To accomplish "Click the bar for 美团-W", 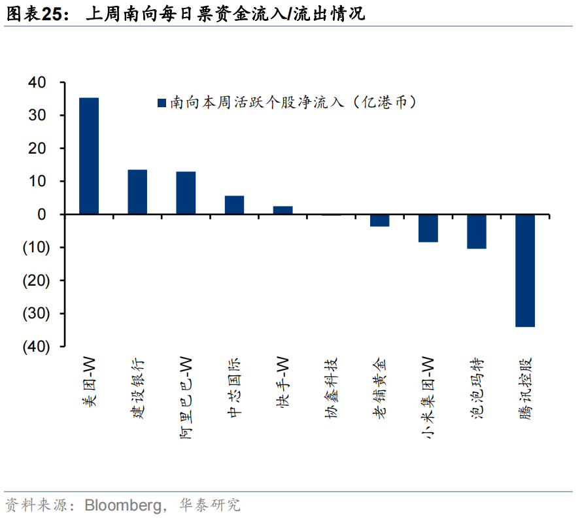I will tap(89, 156).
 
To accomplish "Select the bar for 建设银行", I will tap(137, 192).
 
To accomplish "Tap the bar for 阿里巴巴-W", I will tap(186, 193).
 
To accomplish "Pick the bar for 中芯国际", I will tap(234, 205).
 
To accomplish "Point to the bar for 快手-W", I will tap(282, 210).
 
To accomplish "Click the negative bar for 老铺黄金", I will tap(379, 220).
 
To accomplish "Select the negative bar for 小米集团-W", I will tap(428, 228).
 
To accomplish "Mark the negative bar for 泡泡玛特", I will tap(477, 231).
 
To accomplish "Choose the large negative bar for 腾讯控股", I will tap(525, 270).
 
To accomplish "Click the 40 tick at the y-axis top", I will tap(37, 83).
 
